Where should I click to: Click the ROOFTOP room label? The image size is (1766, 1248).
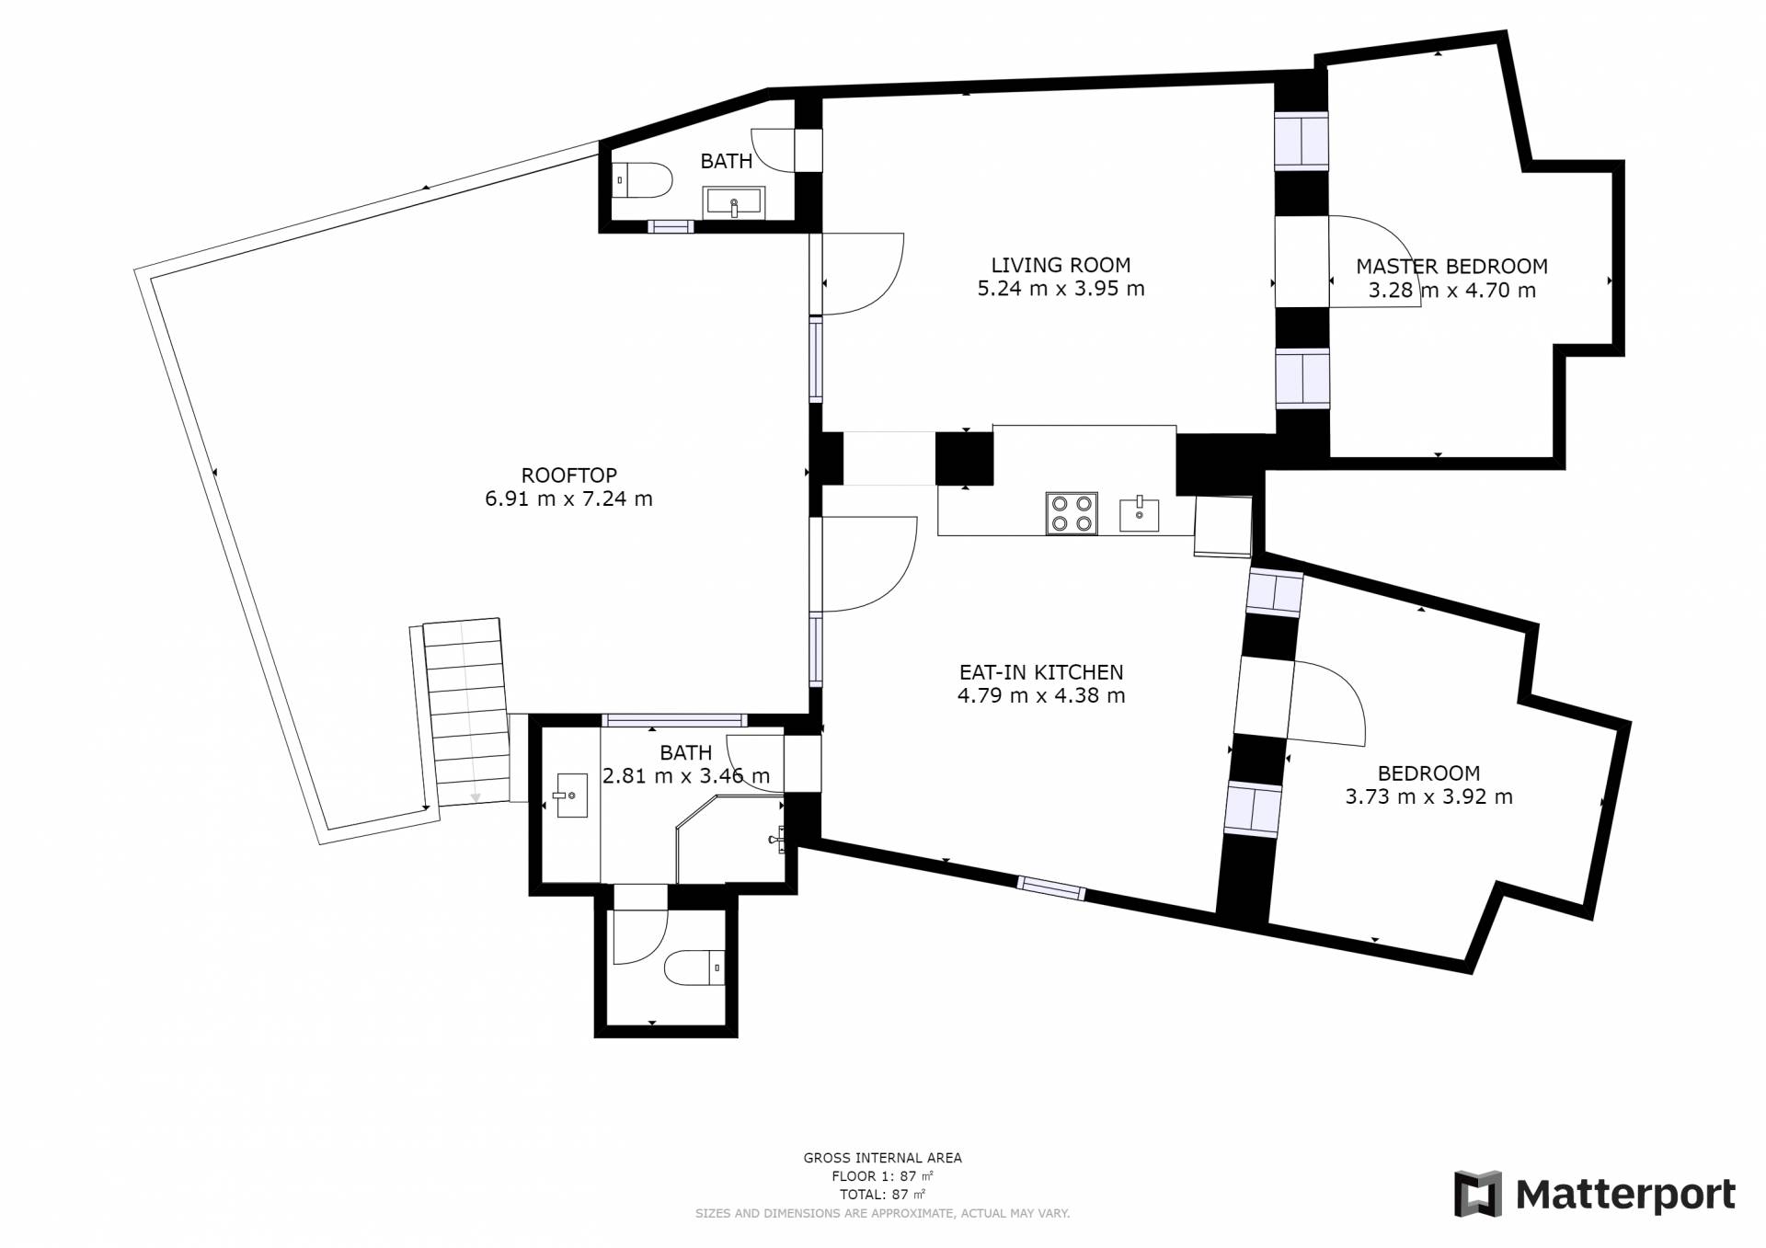pos(568,475)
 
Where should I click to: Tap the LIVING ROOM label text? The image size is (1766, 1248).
pos(1061,265)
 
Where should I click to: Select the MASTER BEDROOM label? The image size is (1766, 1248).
pos(1451,267)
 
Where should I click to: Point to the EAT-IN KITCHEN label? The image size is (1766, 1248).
pos(1041,672)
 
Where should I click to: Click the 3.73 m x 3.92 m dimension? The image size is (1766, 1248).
pos(1428,796)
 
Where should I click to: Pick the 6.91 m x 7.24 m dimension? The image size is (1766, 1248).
pos(568,498)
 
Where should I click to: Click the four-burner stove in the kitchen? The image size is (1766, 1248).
pos(1072,513)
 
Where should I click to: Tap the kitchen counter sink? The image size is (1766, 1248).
pos(1139,514)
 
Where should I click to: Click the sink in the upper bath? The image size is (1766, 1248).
pos(733,202)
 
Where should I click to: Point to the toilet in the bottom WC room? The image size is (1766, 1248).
pos(694,967)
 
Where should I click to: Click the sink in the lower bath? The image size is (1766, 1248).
pos(570,796)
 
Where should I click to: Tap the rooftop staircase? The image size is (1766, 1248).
pos(466,712)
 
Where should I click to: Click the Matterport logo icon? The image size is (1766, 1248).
pos(1477,1194)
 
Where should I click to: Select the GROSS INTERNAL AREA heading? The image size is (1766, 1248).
pos(882,1158)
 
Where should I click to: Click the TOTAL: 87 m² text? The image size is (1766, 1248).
pos(882,1195)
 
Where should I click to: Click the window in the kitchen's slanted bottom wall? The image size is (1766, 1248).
pos(1050,887)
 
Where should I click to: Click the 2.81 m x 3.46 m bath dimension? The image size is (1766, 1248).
pos(686,776)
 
